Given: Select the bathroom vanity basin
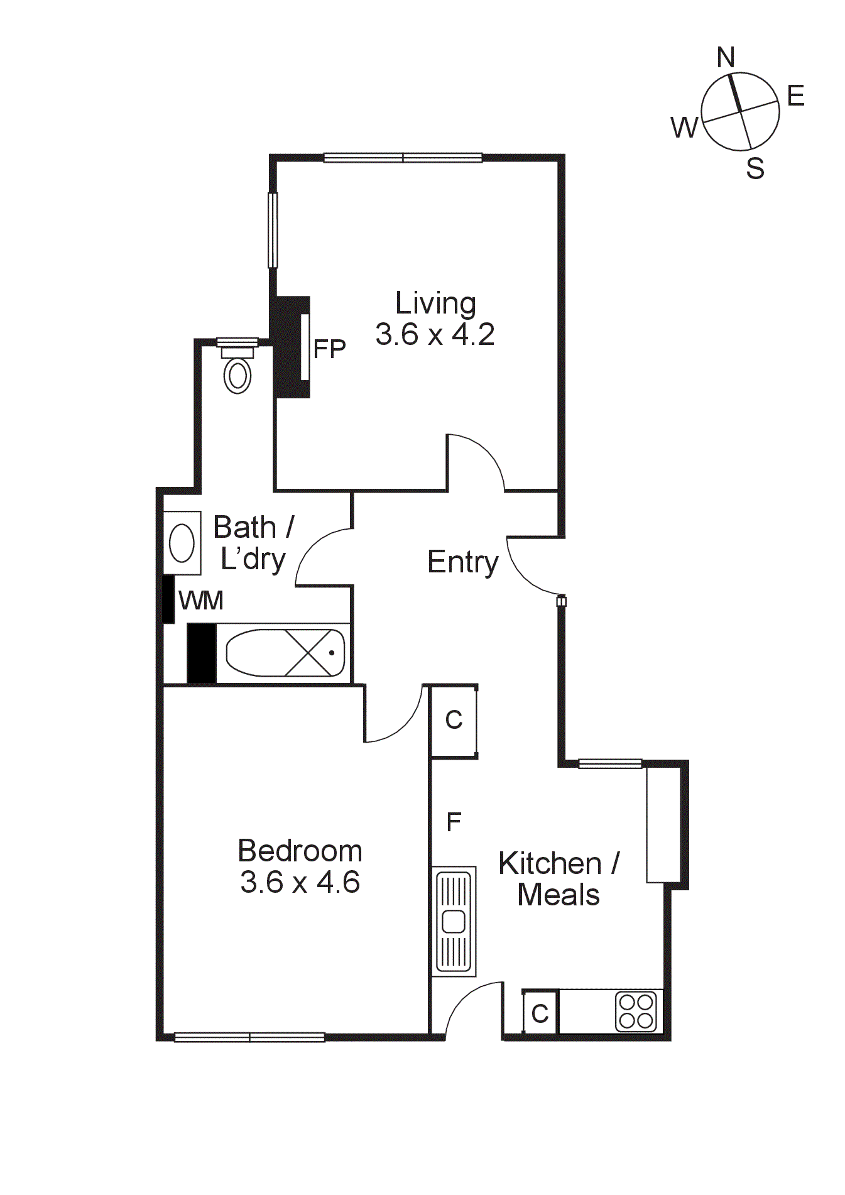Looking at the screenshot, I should point(182,543).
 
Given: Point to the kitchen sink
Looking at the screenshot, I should point(454,921).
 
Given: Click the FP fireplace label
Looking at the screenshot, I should point(329,349).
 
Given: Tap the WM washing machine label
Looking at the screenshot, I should point(201,601).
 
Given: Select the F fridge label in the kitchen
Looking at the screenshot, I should point(454,822).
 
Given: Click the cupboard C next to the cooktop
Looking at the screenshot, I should point(540,1013).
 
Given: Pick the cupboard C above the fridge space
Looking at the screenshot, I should point(454,720).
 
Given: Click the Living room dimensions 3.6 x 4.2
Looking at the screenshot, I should point(435,334).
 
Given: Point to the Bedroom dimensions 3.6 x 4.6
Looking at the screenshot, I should point(300,882).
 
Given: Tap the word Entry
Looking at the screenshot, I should point(463,562).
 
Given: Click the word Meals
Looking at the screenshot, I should point(559,895).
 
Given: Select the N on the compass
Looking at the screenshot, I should point(726,58).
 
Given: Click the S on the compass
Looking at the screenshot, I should point(755,168).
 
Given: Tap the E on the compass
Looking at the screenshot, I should point(795,97).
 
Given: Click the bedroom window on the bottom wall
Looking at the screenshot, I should point(249,1037).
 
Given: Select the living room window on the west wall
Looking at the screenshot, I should point(273,230).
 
